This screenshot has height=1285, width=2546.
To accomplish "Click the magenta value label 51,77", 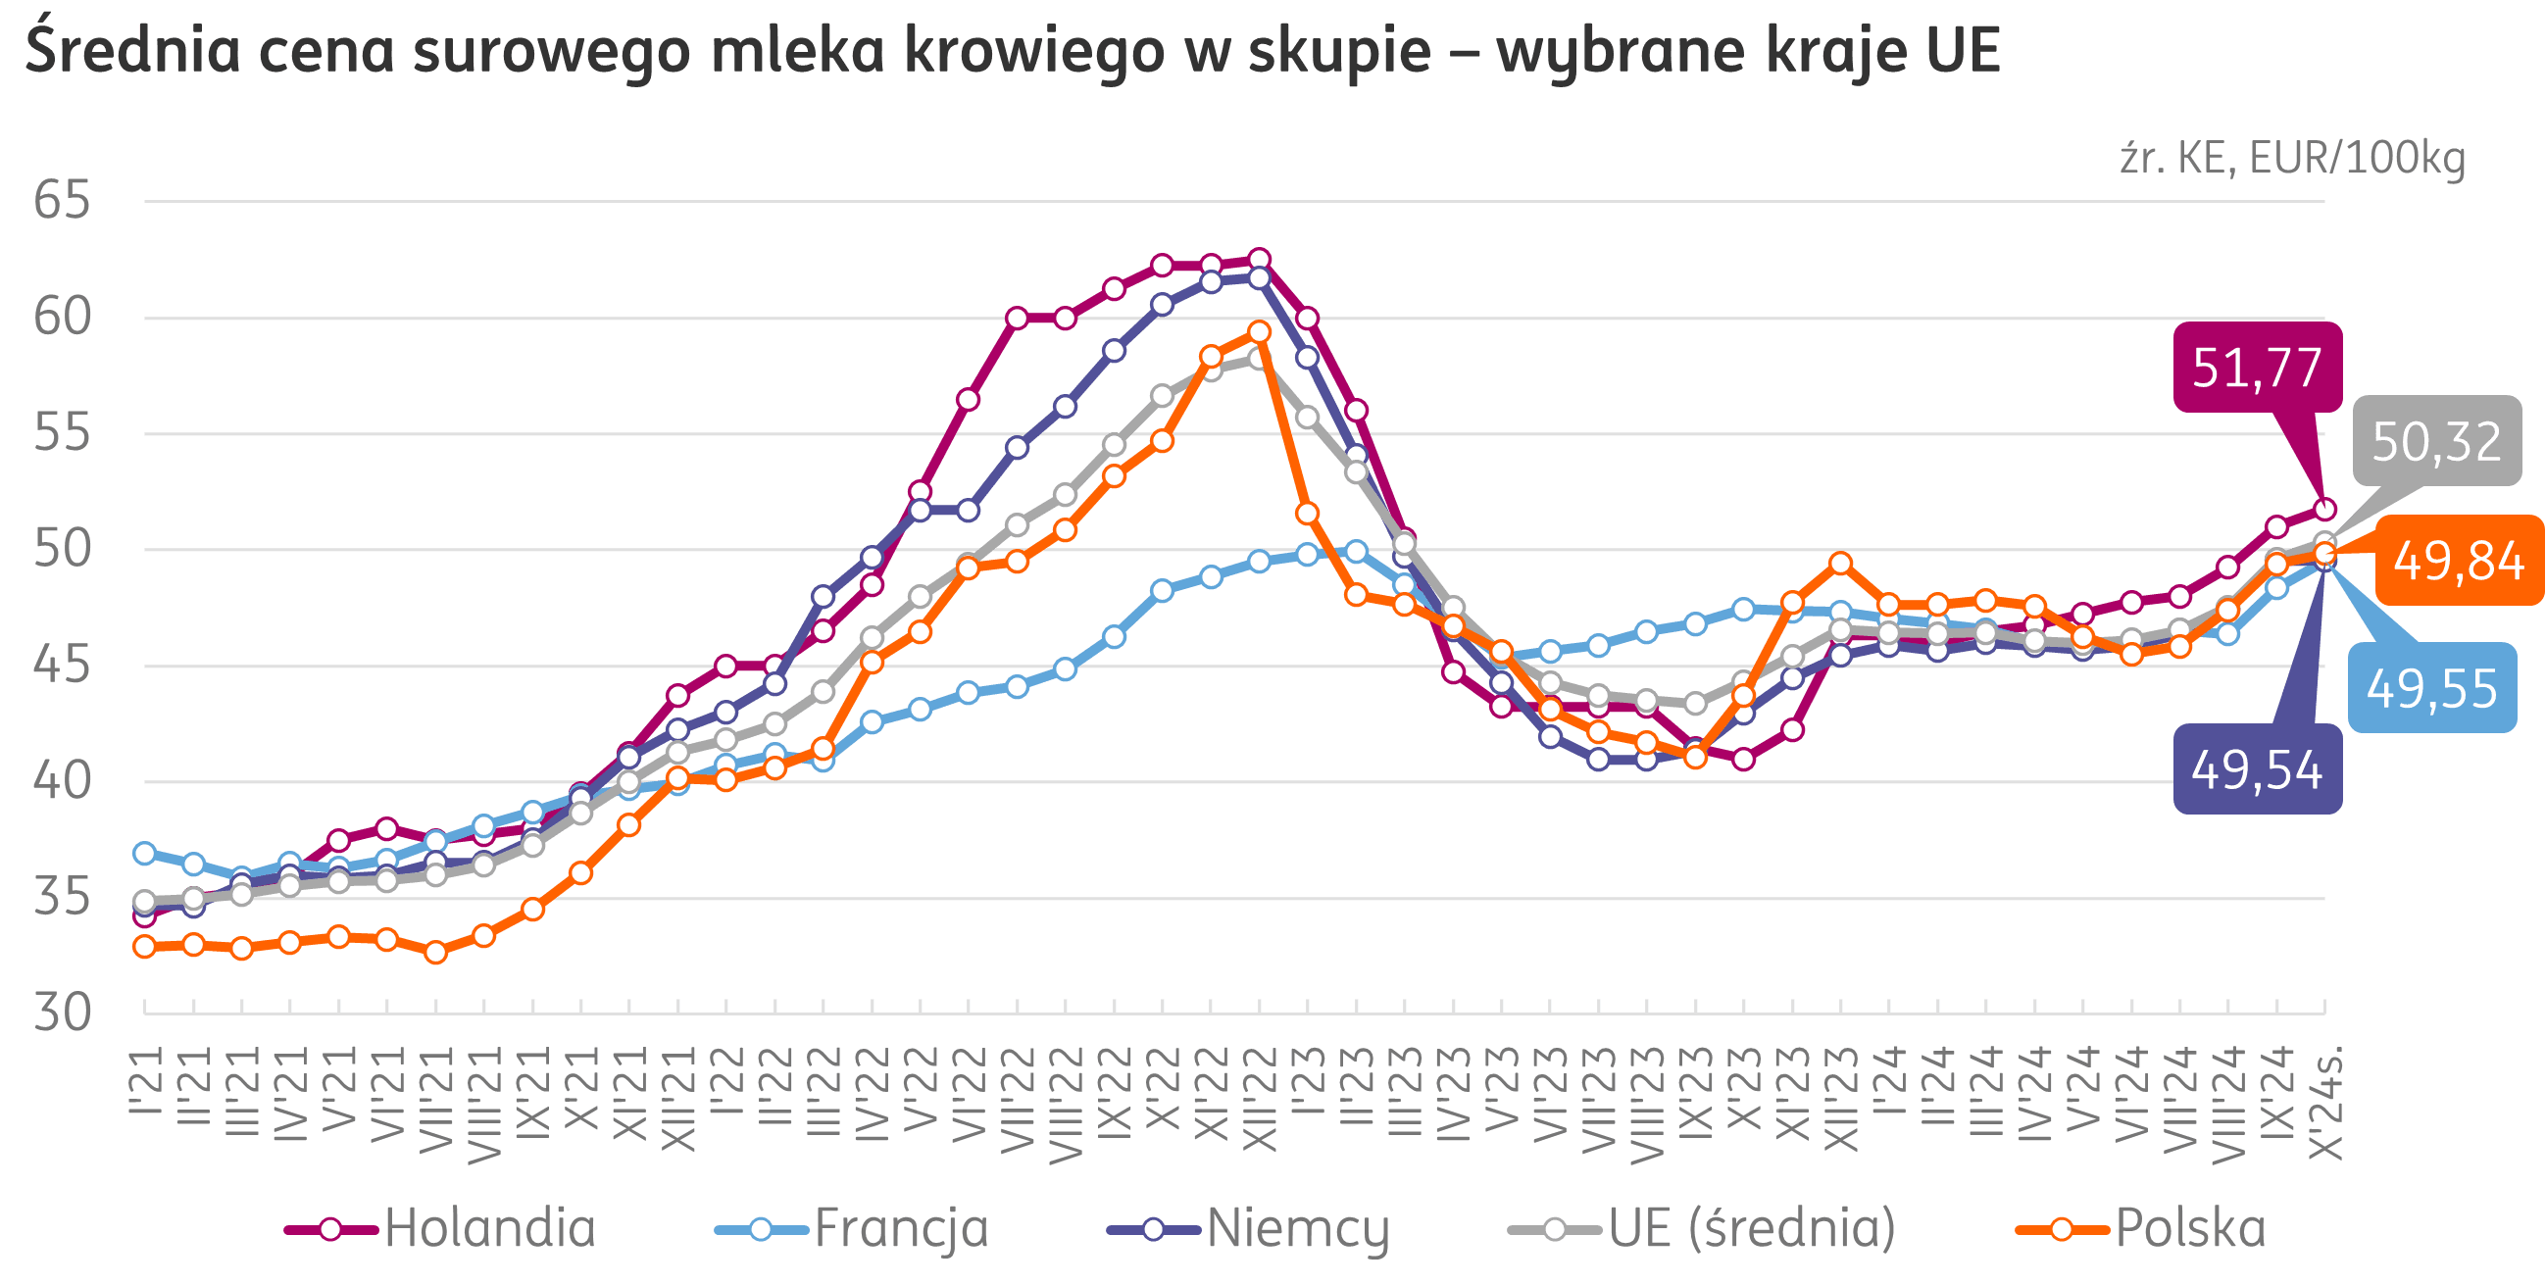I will point(2258,367).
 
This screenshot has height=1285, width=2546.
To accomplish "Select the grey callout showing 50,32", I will point(2436,441).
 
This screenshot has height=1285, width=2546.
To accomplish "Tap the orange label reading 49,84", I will point(2458,561).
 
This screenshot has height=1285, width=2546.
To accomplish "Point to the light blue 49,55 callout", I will point(2431,688).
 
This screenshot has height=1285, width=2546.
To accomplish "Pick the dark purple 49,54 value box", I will point(2258,769).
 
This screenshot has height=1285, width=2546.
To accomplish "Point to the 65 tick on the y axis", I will point(62,201).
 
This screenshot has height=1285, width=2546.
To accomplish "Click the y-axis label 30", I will point(62,1013).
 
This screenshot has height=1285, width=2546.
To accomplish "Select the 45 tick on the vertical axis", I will point(62,666).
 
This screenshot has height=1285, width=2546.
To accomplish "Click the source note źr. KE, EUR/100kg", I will point(2292,158).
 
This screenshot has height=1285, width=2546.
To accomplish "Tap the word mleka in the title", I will point(797,51).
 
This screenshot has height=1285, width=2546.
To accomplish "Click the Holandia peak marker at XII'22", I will point(1259,259).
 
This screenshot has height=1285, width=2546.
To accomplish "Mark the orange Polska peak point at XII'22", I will point(1259,331).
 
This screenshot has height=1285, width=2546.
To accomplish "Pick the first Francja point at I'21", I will point(145,853).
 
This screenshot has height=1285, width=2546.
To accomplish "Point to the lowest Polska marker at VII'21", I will point(436,952).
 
